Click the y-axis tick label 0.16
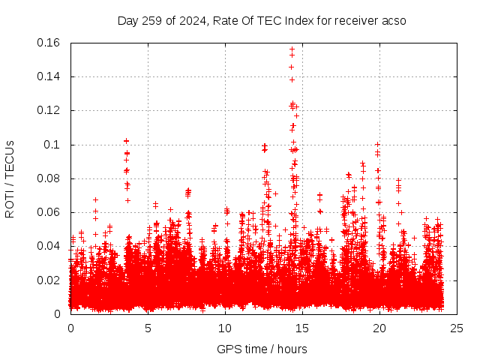50,43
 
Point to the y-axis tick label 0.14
50,76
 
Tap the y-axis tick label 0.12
50,110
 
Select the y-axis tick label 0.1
53,145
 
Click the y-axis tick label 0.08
50,178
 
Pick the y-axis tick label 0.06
50,212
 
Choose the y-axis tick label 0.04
50,246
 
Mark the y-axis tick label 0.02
50,280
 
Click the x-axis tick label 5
148,328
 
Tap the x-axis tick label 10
225,328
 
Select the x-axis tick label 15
302,328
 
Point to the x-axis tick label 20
379,328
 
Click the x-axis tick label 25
457,328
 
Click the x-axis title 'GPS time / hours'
262,349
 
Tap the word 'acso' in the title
394,20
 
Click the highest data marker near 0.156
292,49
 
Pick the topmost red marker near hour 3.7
127,141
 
